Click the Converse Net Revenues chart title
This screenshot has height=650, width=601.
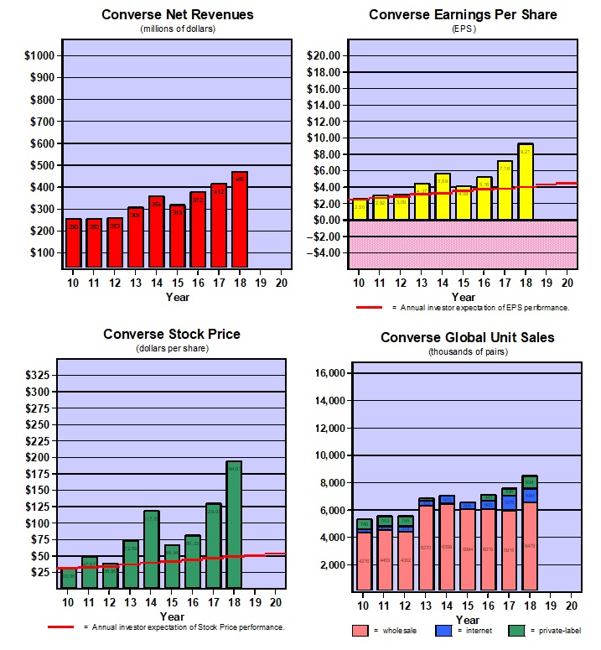(177, 14)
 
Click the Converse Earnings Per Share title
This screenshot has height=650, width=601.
(463, 14)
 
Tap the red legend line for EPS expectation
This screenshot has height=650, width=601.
(369, 308)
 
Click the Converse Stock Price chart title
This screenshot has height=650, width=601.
(172, 334)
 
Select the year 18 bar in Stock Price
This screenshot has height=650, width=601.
(234, 524)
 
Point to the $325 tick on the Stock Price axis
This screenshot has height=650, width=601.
(39, 374)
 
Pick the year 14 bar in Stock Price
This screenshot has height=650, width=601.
(152, 549)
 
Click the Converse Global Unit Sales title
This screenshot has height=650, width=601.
(468, 337)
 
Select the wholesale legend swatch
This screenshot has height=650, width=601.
(361, 630)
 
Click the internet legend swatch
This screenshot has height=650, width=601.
(443, 630)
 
